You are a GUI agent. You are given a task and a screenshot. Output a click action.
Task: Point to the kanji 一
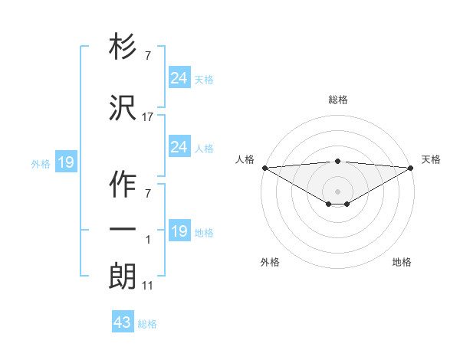coord(123,230)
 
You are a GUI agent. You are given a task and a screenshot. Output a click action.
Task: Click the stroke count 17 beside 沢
coord(148,117)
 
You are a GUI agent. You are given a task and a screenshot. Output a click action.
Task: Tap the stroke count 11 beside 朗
coord(148,286)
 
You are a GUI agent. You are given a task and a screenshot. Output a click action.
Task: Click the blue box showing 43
coord(123,322)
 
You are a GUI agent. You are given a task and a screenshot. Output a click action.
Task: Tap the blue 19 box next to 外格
coord(65,162)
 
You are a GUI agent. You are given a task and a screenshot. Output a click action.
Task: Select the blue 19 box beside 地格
coord(179,231)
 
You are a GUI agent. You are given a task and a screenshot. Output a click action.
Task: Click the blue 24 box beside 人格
coord(179,147)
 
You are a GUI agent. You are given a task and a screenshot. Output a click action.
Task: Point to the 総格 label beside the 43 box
coord(147,324)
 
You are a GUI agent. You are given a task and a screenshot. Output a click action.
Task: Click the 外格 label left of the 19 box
coord(41,163)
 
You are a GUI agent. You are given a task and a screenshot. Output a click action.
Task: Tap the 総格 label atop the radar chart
coord(337,100)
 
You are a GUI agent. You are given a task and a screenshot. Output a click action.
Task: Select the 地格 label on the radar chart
coord(402,262)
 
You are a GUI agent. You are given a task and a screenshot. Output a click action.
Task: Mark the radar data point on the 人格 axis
coord(264,168)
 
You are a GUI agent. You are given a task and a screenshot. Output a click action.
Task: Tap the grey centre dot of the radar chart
coord(337,191)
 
